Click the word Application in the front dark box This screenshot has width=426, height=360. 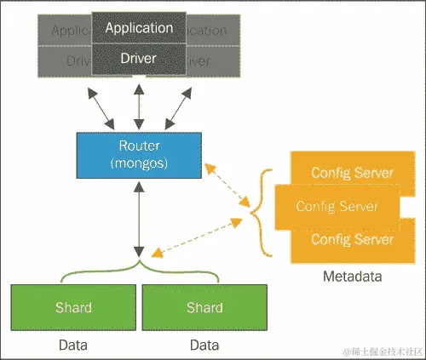[139, 27]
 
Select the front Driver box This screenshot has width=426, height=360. [139, 59]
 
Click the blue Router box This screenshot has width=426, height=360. [138, 155]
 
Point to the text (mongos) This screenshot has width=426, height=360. [138, 163]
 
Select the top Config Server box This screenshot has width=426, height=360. [351, 173]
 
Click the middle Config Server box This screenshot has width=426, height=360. [337, 206]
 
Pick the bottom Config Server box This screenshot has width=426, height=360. [351, 239]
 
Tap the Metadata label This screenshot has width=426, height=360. [351, 277]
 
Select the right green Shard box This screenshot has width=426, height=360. [204, 306]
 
